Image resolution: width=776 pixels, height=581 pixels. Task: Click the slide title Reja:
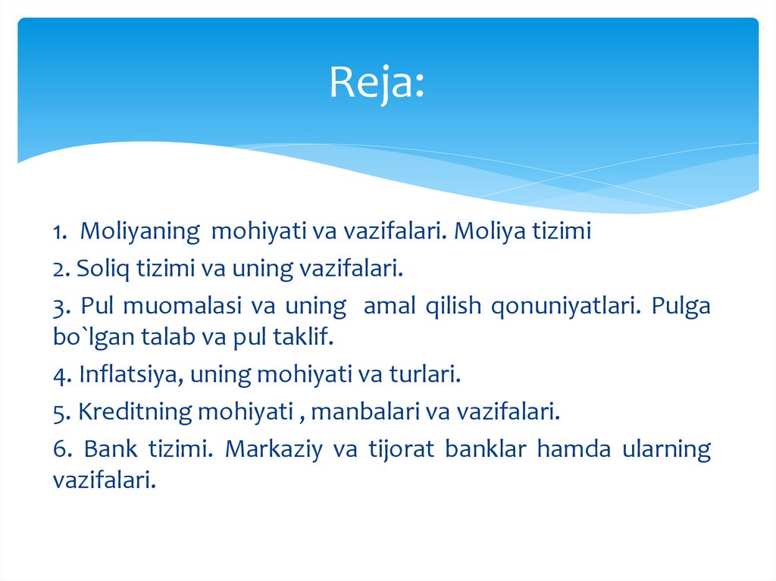[377, 84]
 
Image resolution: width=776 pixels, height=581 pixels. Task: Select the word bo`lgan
[86, 337]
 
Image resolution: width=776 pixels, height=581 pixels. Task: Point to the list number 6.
[61, 448]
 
